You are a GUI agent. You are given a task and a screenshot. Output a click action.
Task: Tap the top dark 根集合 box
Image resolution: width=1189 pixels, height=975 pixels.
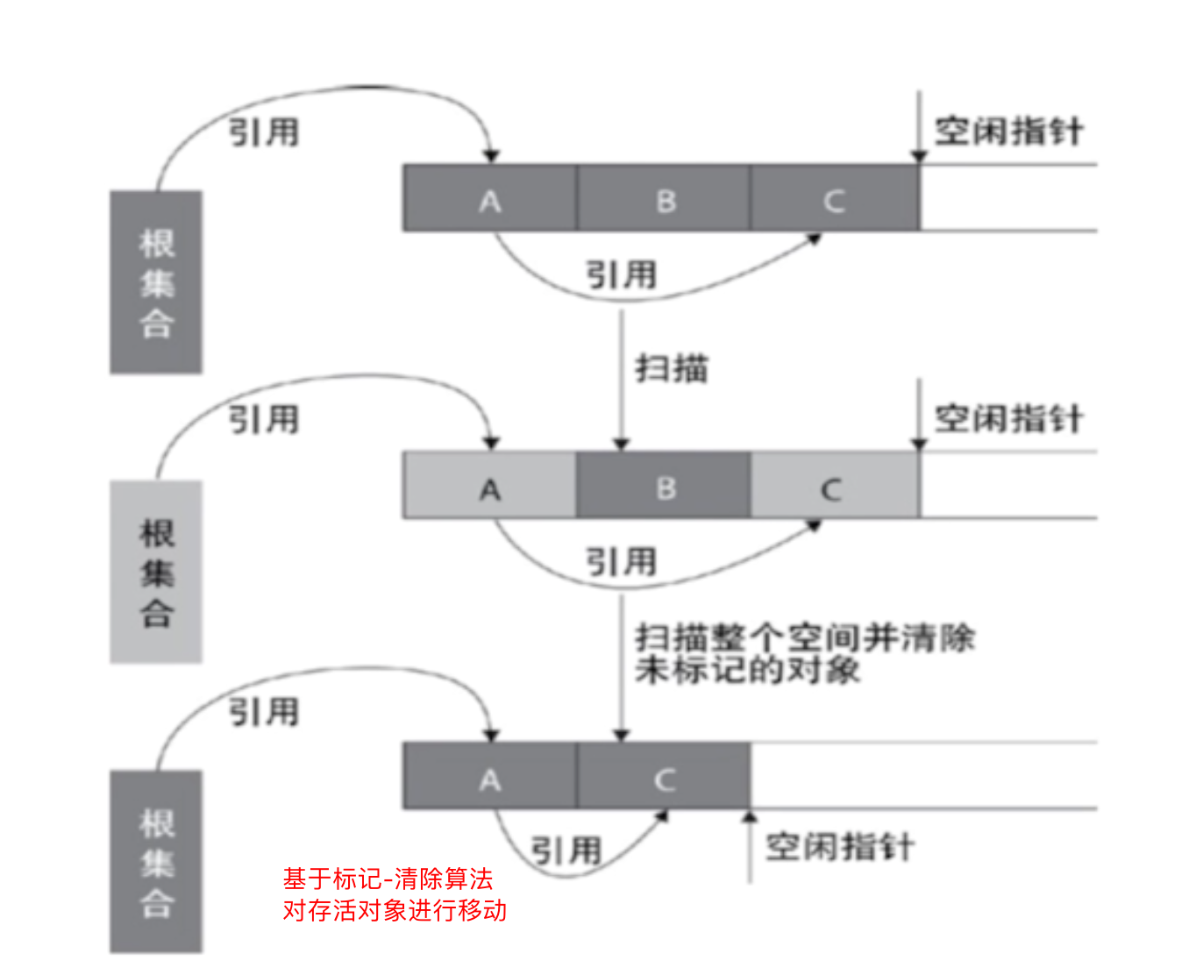point(156,282)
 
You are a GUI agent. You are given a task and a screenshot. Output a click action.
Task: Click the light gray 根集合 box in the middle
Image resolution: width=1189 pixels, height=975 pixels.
point(156,572)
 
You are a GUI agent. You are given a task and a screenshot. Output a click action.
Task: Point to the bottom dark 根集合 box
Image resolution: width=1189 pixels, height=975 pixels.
point(156,861)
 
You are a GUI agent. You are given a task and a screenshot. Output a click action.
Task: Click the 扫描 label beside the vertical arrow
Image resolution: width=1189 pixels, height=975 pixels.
point(672,368)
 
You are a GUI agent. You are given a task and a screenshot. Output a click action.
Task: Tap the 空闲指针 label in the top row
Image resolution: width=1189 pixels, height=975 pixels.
point(1008,132)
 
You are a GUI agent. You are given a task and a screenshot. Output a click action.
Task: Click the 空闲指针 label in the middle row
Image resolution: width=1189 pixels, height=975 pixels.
point(1008,419)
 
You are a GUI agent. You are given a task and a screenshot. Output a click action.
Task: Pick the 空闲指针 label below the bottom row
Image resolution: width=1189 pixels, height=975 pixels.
point(839,847)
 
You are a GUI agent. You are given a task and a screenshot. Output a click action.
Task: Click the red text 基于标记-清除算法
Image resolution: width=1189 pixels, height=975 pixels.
point(388,879)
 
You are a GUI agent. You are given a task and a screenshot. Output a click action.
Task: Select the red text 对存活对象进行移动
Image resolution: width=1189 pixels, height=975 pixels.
point(395,910)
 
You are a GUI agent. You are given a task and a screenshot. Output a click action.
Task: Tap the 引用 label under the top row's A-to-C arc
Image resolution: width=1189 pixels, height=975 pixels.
point(621,274)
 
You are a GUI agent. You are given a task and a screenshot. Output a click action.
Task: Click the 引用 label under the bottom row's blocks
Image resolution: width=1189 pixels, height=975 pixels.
point(566,850)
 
